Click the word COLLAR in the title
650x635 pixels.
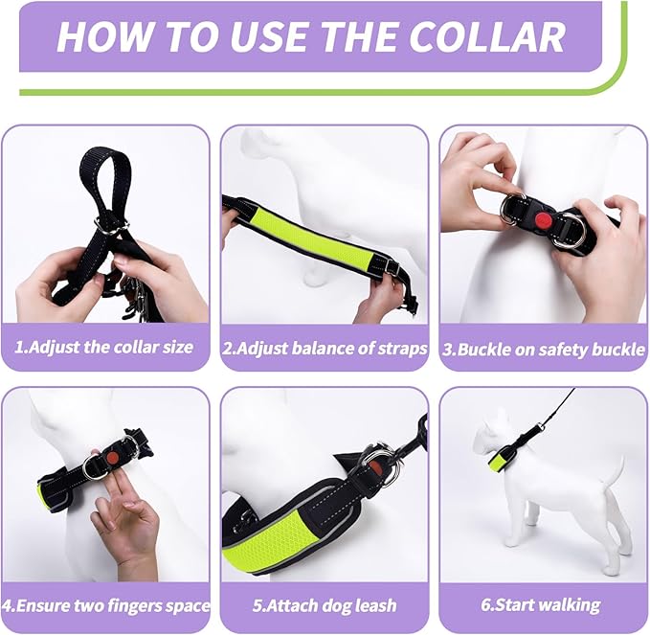487,36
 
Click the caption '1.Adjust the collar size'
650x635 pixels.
104,347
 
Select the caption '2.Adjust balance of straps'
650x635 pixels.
325,349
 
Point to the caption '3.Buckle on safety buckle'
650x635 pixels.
544,350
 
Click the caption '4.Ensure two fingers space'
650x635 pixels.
105,606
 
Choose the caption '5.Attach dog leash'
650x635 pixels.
325,606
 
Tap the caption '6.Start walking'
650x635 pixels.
541,605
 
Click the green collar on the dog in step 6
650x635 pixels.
502,461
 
